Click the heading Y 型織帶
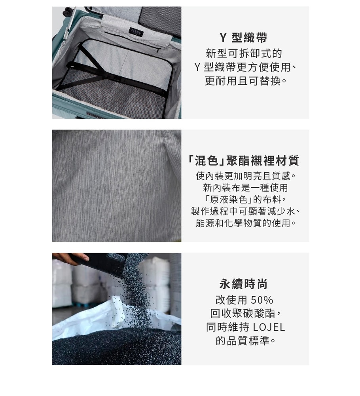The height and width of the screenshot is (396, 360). tap(243, 38)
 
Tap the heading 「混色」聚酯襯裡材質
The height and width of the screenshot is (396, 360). tap(243, 161)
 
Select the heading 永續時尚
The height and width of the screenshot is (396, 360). tap(243, 284)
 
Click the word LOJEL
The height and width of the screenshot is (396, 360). tap(269, 327)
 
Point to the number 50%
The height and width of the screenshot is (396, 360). tap(262, 300)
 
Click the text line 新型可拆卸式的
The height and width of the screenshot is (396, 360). tap(244, 53)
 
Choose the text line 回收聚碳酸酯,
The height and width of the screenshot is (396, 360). tap(246, 313)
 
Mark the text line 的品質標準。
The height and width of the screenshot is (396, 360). tap(246, 341)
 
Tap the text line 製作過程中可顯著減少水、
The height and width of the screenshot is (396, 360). tap(246, 211)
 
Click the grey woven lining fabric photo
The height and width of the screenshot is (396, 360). tap(117, 186)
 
